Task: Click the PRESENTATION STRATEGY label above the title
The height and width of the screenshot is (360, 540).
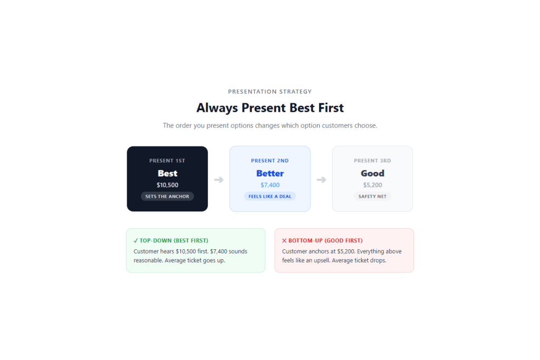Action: [269, 92]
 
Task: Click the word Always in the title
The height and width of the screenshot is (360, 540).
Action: [217, 108]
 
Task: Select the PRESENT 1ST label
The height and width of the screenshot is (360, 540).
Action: [167, 161]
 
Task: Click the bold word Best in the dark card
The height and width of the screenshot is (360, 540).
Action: [167, 173]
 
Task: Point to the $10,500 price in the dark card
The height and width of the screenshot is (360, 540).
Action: [167, 185]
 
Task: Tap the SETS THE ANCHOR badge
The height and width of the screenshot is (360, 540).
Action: [167, 196]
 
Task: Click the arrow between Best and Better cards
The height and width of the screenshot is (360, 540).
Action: [219, 180]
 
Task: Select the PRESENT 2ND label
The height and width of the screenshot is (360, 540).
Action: [269, 161]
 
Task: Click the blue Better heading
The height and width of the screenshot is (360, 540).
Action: [270, 173]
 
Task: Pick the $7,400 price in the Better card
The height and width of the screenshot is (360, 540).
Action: [270, 185]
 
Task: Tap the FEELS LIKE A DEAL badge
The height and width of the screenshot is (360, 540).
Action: [269, 196]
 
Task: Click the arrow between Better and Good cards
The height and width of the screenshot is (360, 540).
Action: [321, 180]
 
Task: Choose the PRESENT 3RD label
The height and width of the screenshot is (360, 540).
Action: [372, 161]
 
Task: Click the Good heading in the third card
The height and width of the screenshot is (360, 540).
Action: [372, 173]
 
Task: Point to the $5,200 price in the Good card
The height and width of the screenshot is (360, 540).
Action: [372, 185]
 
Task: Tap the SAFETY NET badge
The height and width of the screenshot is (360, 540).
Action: [372, 196]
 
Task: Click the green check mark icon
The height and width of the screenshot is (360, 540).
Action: [136, 240]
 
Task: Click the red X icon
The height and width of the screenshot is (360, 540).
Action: [284, 240]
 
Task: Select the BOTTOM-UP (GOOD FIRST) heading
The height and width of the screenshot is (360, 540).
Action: [325, 240]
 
